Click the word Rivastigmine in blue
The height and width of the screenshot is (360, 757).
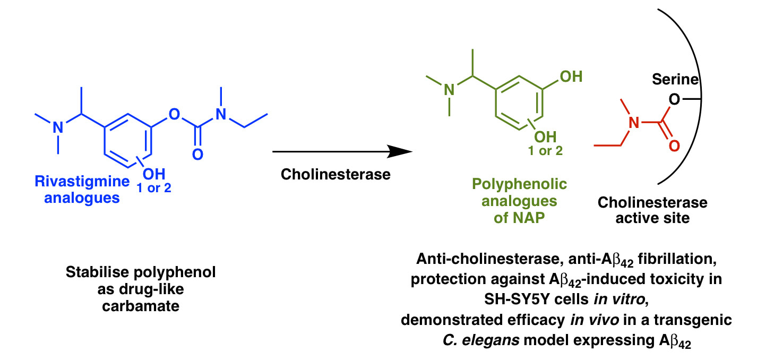[82, 182]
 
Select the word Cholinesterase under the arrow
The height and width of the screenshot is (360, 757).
[336, 174]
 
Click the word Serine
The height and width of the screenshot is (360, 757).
[675, 80]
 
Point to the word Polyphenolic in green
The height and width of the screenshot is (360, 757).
[519, 184]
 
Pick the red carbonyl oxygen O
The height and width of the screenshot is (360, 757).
[674, 146]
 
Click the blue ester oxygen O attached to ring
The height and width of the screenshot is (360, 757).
[174, 114]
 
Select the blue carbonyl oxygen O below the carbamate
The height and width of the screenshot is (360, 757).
[197, 155]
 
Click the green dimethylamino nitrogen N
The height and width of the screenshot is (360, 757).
[449, 90]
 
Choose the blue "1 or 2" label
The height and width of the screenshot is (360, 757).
[154, 188]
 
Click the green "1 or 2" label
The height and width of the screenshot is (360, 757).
[545, 151]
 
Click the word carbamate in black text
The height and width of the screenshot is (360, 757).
[141, 306]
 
